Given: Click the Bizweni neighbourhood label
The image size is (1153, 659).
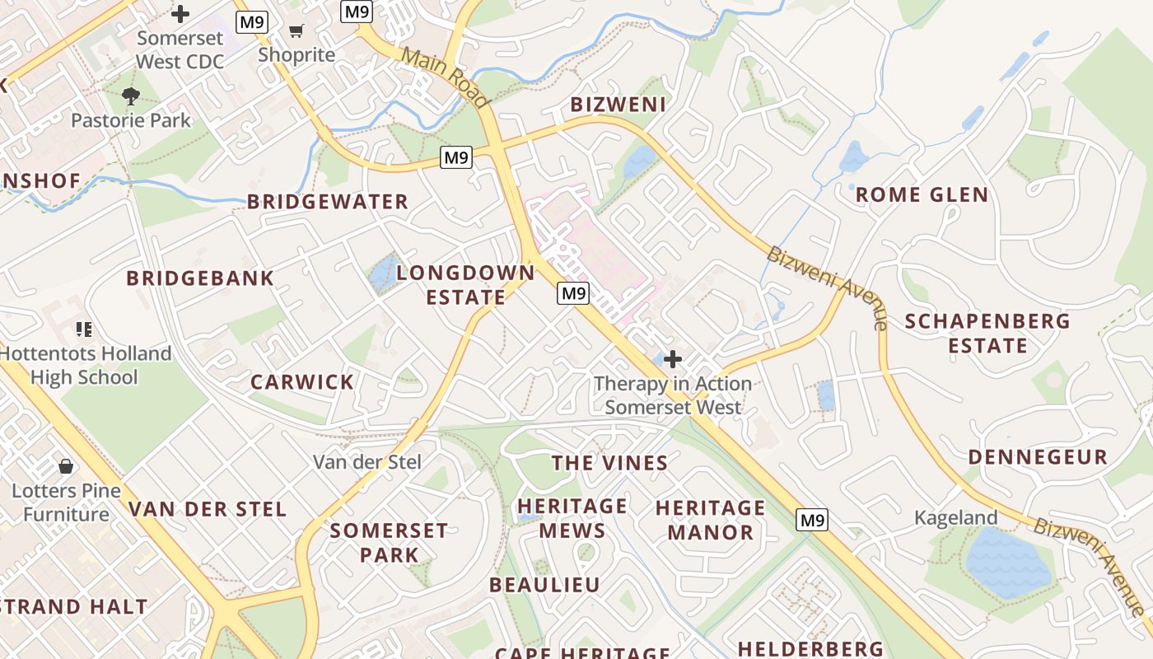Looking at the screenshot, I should pyautogui.click(x=618, y=105).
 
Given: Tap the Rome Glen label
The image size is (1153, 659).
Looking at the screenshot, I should pyautogui.click(x=922, y=195).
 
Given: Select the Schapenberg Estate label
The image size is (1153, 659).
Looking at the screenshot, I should pyautogui.click(x=987, y=333).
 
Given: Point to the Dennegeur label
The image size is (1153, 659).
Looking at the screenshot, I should pyautogui.click(x=1038, y=457).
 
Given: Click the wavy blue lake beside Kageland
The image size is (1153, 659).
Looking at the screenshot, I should pyautogui.click(x=1008, y=563).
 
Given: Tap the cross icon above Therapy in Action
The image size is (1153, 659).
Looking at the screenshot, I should pyautogui.click(x=673, y=359).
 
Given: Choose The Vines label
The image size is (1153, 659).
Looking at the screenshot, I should pyautogui.click(x=610, y=463).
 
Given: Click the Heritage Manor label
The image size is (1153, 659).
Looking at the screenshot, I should pyautogui.click(x=711, y=520).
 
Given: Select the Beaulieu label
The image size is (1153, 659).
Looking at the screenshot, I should pyautogui.click(x=544, y=585).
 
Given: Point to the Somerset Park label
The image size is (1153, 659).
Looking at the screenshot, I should pyautogui.click(x=389, y=542).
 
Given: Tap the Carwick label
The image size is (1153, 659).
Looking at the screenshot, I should pyautogui.click(x=302, y=382).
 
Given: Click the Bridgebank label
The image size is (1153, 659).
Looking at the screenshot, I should pyautogui.click(x=200, y=278).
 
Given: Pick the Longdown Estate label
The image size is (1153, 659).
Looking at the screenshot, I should pyautogui.click(x=466, y=284).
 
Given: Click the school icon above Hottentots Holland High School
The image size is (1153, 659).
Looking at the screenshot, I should pyautogui.click(x=83, y=329).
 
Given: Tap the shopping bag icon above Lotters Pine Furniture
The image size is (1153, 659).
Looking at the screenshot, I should pyautogui.click(x=66, y=467).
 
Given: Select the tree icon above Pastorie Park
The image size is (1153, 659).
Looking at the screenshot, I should pyautogui.click(x=130, y=96).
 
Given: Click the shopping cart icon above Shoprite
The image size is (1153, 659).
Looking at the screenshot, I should pyautogui.click(x=296, y=31).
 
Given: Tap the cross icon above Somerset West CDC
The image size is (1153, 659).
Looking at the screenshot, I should pyautogui.click(x=180, y=14).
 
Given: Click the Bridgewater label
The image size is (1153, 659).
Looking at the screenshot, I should pyautogui.click(x=328, y=202).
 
